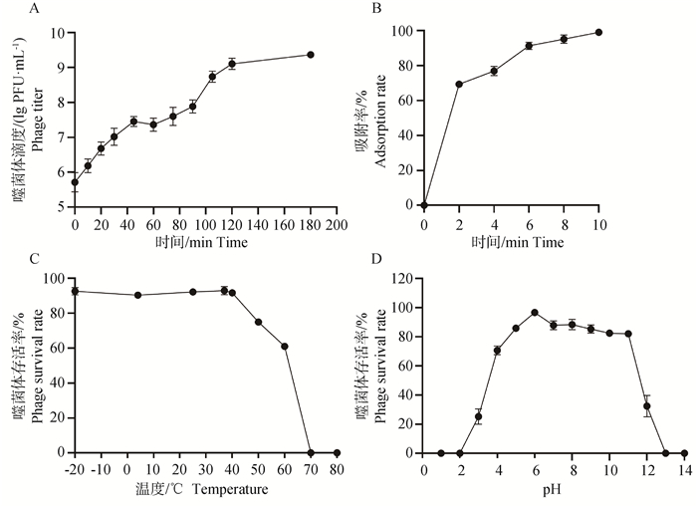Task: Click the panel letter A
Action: coord(35,9)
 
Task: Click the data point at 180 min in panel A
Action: coord(311,55)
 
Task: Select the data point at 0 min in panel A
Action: coord(75,182)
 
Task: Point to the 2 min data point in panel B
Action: coord(459,84)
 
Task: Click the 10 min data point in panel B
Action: coord(599,32)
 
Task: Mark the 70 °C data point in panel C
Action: coord(311,452)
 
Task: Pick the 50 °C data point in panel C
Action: coord(258,322)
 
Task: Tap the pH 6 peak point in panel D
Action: coord(535,313)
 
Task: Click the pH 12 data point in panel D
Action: coord(647,406)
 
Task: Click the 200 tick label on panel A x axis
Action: coord(337,225)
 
